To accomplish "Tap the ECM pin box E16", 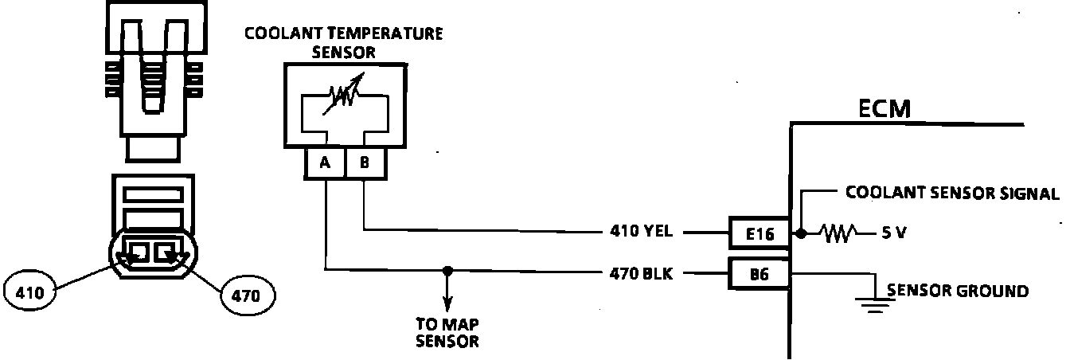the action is pyautogui.click(x=758, y=233).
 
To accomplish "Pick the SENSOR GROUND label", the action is pyautogui.click(x=957, y=292).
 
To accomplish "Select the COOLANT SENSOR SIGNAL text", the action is pyautogui.click(x=952, y=193).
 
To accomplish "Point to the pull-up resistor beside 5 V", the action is pyautogui.click(x=841, y=233).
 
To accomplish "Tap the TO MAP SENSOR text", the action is pyautogui.click(x=447, y=334).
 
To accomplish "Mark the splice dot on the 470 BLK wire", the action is pyautogui.click(x=447, y=271).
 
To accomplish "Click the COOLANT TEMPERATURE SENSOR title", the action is pyautogui.click(x=344, y=42).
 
